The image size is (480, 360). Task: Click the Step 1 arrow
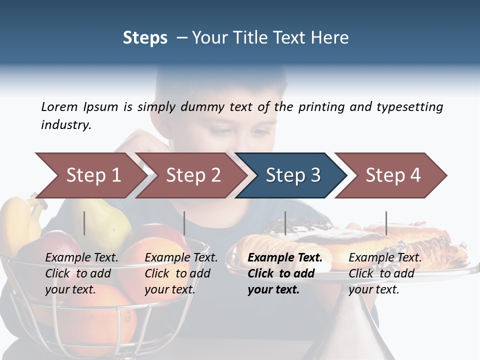(90, 175)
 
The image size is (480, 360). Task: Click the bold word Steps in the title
(145, 37)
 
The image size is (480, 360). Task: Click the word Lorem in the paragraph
(59, 107)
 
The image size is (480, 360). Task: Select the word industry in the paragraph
(65, 125)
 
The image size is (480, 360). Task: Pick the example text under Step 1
(81, 273)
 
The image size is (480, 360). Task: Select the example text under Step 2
(181, 273)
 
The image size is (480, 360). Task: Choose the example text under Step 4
(385, 273)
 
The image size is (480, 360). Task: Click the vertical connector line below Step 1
(84, 223)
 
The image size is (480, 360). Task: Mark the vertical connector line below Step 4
(386, 223)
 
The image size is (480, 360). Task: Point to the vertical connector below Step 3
(285, 223)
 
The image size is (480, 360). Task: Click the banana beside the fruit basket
(17, 220)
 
